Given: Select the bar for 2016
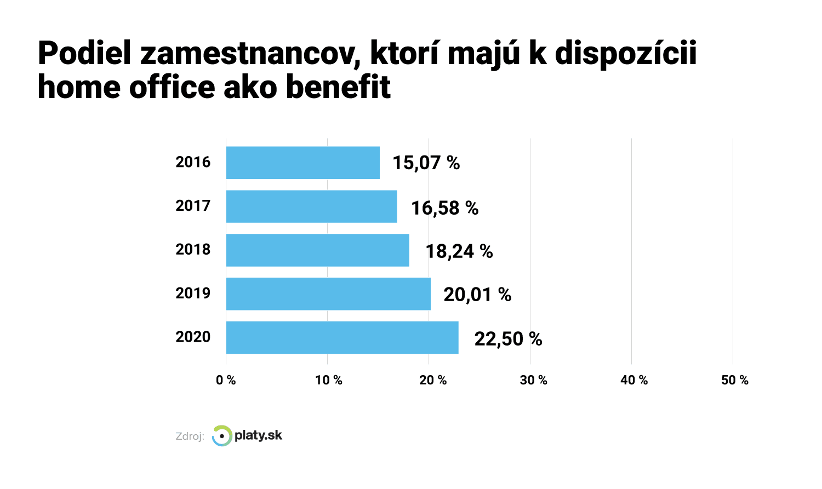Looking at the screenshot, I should [x=302, y=163].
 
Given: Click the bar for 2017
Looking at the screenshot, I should [x=311, y=206].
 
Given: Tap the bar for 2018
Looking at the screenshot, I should [x=317, y=250].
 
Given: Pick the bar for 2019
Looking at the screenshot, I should [x=328, y=294].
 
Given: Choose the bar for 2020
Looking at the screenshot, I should [x=342, y=338].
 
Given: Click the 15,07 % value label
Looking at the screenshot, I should [x=426, y=163].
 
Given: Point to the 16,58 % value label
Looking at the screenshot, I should [x=444, y=208].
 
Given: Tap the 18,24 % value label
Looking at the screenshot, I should [x=459, y=251].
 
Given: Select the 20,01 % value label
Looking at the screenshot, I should [x=477, y=295].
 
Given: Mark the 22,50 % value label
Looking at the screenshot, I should [x=508, y=339].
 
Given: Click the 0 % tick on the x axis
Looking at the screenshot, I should [x=226, y=380].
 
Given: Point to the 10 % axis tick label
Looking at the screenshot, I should [x=328, y=380].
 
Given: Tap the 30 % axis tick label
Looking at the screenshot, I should [x=533, y=380].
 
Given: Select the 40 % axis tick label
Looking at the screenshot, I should [x=634, y=380].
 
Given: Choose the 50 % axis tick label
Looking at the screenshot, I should [x=735, y=380].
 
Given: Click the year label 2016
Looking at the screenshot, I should [x=193, y=162].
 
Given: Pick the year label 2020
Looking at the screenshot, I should [x=193, y=337].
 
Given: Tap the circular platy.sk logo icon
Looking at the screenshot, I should [x=222, y=436].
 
